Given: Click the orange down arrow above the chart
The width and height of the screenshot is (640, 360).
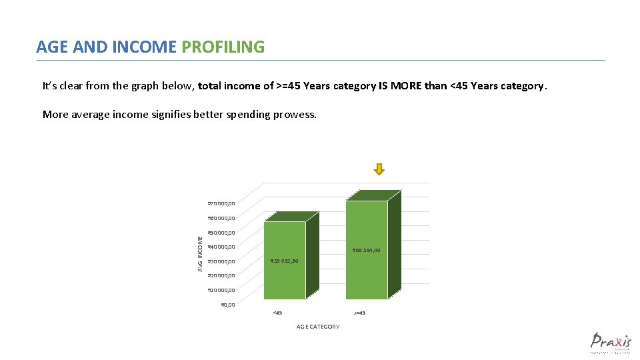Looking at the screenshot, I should [x=379, y=169].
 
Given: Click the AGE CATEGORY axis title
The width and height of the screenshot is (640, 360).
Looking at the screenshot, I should [x=318, y=327].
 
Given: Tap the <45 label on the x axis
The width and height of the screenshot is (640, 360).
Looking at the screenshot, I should [x=277, y=313].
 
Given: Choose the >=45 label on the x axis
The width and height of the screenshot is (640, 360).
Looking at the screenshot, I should [x=359, y=313].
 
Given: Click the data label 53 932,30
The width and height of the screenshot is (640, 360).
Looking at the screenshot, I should [x=284, y=261].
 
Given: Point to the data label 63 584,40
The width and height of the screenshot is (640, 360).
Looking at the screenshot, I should [x=366, y=251].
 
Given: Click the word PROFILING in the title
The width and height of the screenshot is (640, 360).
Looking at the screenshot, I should [x=223, y=47].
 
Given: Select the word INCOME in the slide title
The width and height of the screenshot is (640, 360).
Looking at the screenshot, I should [x=146, y=47].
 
